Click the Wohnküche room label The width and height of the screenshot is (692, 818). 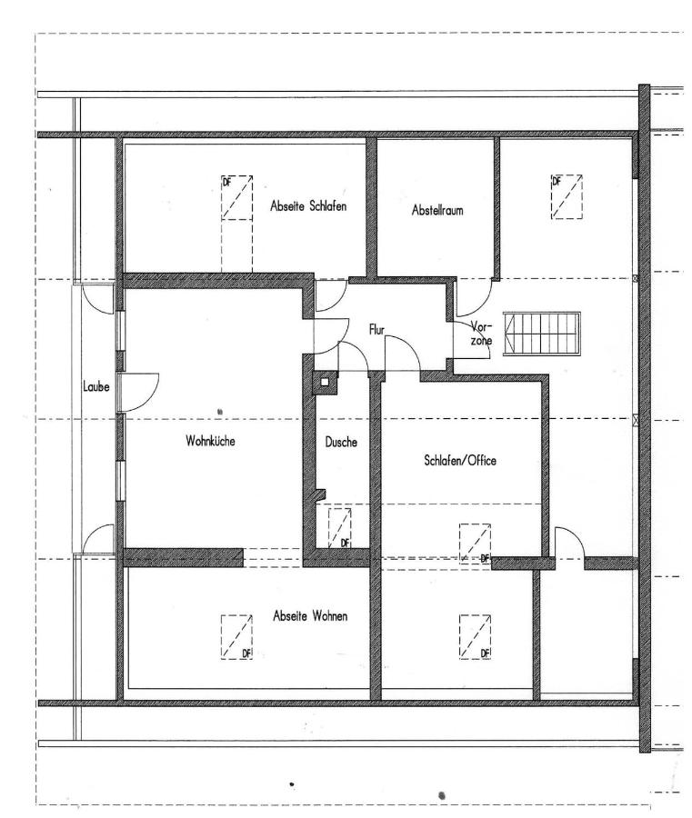pos(212,441)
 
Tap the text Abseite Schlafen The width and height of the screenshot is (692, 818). pos(309,205)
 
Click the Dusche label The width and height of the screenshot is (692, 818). pos(341,443)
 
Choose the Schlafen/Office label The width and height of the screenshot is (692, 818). pos(460,461)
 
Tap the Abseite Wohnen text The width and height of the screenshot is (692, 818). pos(310,616)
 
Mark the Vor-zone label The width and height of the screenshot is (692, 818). pos(481,334)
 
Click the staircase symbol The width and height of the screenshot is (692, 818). pos(542,334)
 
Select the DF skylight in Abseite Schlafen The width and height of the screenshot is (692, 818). pos(237,197)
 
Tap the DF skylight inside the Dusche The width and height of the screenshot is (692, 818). pos(339,527)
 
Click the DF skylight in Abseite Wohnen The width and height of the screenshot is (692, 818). pos(235,636)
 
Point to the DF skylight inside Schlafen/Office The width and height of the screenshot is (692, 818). pos(474,544)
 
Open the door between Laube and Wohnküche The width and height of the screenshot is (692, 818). pos(138,388)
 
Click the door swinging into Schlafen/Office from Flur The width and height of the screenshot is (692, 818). pos(401,354)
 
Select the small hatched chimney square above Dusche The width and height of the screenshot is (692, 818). pos(324,383)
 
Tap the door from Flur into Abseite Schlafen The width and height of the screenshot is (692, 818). pos(330,296)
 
